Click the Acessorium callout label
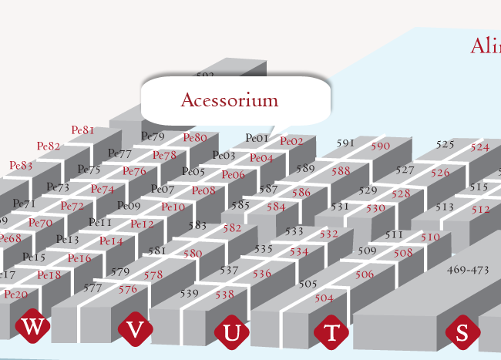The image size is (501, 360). tap(229, 100)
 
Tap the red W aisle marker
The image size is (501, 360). tap(32, 327)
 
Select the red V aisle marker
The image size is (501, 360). tap(135, 330)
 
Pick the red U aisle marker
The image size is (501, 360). tap(232, 333)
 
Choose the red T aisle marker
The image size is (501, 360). tap(331, 333)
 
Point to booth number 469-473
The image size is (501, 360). tap(468, 270)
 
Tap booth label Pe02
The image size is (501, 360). tap(291, 141)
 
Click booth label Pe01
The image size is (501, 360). tap(257, 139)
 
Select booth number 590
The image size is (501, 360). tap(381, 146)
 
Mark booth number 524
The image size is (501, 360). tap(480, 147)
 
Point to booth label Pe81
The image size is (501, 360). tap(82, 130)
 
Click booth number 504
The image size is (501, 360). tap(324, 298)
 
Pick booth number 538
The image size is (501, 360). tap(224, 294)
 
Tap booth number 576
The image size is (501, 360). tap(128, 290)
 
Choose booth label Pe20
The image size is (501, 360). tap(15, 294)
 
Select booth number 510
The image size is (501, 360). tap(430, 237)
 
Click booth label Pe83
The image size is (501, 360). tap(21, 165)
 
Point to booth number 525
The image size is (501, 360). tap(445, 144)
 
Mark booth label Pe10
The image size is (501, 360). tap(173, 207)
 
